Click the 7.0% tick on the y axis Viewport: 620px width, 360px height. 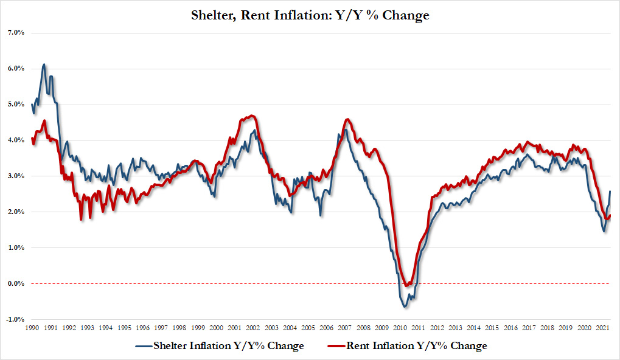[x=15, y=32]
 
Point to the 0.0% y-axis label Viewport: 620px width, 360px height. [x=15, y=283]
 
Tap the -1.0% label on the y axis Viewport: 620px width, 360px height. [x=15, y=319]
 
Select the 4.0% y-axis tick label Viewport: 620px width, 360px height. [x=15, y=140]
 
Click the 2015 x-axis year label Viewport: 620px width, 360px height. [x=490, y=328]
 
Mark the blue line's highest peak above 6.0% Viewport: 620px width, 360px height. [x=43, y=64]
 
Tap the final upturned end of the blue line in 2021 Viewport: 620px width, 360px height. [x=610, y=192]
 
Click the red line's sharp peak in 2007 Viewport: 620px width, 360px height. [x=347, y=119]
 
